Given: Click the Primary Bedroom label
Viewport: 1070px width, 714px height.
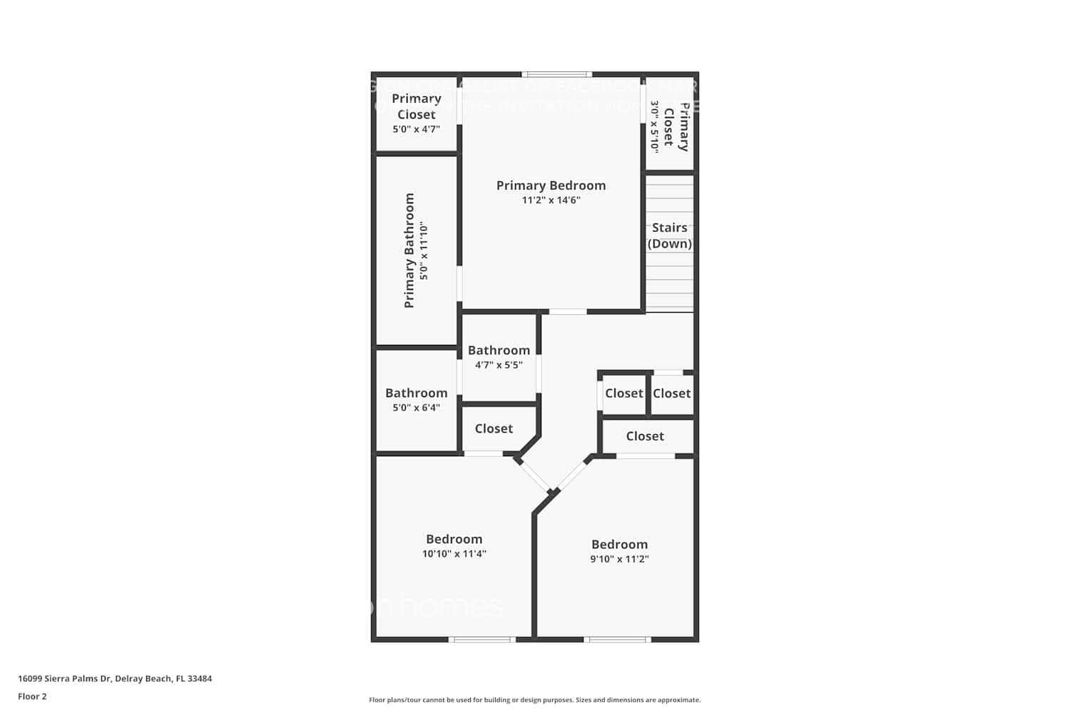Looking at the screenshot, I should [x=551, y=186].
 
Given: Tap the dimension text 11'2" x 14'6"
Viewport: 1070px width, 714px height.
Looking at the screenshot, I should [x=551, y=201].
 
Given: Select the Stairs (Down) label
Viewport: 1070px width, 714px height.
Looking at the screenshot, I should [x=669, y=236].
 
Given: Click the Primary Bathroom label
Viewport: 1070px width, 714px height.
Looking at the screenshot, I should [x=409, y=251].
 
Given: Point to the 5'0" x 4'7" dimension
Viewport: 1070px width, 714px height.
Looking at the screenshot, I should [x=416, y=129].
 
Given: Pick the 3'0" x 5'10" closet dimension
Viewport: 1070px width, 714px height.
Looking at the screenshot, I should [x=653, y=126].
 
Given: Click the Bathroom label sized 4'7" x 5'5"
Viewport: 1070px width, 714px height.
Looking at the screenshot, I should [x=499, y=351].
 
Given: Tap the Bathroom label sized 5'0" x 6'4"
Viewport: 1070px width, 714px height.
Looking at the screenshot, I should [x=416, y=393].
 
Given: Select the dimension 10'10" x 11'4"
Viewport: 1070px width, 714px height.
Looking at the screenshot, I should [x=454, y=554].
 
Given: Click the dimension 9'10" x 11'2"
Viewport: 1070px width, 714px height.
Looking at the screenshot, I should [x=619, y=559].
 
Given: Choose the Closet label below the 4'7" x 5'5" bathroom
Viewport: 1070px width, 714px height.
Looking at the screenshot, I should [x=494, y=429].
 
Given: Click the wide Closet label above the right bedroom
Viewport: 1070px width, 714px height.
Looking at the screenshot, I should [x=645, y=436].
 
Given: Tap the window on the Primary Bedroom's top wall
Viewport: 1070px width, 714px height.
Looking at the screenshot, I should [x=556, y=74].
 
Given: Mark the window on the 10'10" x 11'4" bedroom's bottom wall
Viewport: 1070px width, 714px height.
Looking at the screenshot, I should [x=482, y=639].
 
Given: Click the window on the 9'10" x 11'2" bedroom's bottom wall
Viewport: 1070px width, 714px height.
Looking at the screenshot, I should [x=617, y=639].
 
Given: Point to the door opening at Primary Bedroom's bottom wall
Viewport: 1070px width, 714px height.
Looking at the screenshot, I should [x=568, y=311].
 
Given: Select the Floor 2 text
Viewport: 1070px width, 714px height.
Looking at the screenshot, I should [x=32, y=697].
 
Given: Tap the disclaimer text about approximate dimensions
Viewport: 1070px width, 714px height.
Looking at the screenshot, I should [x=534, y=700].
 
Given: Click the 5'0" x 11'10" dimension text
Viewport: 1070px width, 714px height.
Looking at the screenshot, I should [x=424, y=251].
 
